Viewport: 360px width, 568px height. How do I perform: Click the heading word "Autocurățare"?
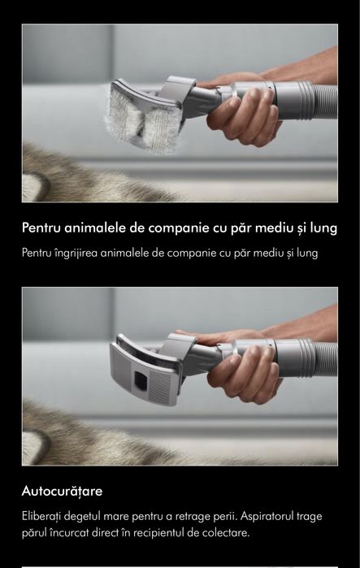pyautogui.click(x=62, y=492)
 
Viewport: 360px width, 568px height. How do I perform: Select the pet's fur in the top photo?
pyautogui.click(x=73, y=175)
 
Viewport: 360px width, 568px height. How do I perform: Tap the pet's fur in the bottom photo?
pyautogui.click(x=81, y=435)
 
